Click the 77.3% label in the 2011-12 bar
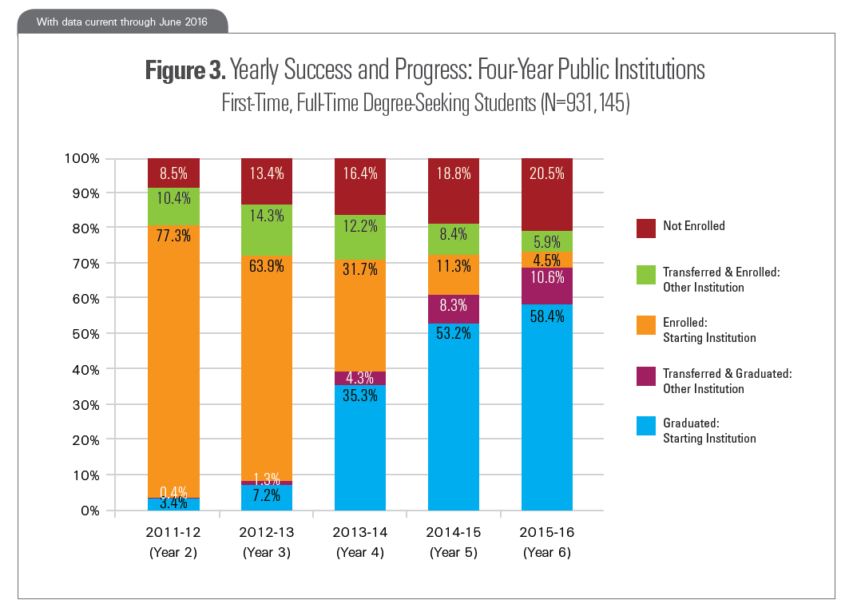click(173, 236)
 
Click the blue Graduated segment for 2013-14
click(359, 447)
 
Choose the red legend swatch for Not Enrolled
click(645, 227)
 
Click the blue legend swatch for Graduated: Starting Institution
click(645, 425)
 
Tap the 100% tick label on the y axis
click(82, 158)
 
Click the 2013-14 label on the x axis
click(359, 532)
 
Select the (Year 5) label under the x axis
click(453, 552)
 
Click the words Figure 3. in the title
click(186, 71)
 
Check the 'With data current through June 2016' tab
click(122, 22)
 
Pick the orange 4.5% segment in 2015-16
click(546, 259)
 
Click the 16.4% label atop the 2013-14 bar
click(359, 173)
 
